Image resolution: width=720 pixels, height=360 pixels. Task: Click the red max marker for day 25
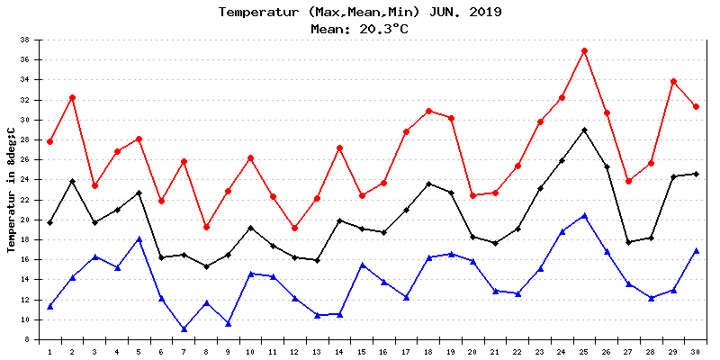coord(584,50)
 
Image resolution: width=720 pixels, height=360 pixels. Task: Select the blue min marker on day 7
coord(184,328)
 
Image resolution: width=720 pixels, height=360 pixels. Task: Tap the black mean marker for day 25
coord(584,130)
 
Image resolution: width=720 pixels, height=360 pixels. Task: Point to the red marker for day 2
coord(72,97)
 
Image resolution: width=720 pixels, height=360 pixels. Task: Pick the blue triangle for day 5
coord(139,238)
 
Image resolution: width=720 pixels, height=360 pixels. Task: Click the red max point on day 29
coord(673,81)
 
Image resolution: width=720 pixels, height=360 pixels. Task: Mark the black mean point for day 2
coord(72,181)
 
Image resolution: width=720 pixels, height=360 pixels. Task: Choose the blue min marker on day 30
coord(696,250)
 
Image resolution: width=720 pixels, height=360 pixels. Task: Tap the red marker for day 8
coord(206,227)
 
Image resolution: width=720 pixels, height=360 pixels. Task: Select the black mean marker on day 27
coord(629,242)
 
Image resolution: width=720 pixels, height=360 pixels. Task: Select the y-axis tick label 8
coord(29,339)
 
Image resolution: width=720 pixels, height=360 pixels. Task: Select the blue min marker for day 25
coord(584,215)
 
